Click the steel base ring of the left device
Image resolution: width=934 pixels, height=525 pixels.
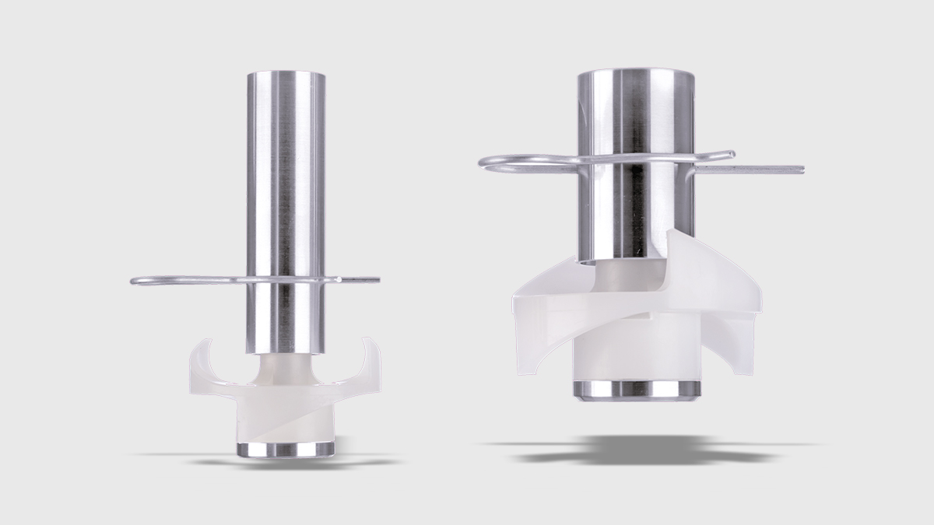(283, 449)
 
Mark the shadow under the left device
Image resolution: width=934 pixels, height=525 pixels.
(284, 464)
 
